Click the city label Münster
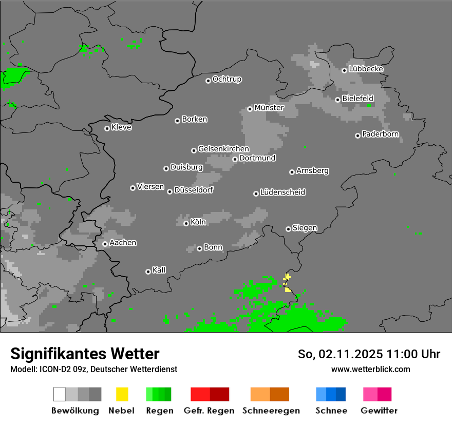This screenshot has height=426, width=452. (269, 108)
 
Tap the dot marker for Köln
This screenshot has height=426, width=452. (186, 223)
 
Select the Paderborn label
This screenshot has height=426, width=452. (380, 134)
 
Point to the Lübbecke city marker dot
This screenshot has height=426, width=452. (344, 70)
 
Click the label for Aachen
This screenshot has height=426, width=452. (123, 243)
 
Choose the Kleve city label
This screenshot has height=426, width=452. (121, 127)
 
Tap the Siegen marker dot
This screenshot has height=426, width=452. (288, 229)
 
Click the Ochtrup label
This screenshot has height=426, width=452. (227, 80)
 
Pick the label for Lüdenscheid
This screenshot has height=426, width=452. (282, 192)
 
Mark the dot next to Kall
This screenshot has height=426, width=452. (148, 272)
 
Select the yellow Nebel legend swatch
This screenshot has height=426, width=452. (122, 394)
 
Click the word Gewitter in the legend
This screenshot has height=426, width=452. (379, 411)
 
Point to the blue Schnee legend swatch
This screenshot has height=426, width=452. (331, 394)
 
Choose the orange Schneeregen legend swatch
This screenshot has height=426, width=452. (270, 394)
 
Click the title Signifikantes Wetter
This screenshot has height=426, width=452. (85, 354)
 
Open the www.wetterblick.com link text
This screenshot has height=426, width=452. (370, 369)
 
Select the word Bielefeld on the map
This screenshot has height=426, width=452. (357, 99)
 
